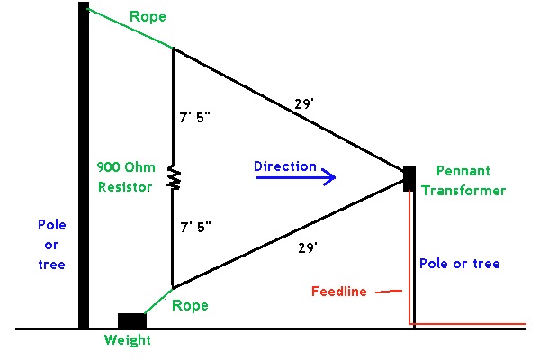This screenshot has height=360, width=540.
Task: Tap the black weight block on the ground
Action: tap(131, 321)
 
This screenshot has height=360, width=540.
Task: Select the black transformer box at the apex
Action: tap(409, 175)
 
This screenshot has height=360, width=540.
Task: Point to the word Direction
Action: tap(284, 166)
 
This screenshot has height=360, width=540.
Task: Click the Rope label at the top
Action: tap(148, 17)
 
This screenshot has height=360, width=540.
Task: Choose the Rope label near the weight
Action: tap(190, 305)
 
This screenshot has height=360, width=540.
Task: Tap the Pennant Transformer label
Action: tap(470, 180)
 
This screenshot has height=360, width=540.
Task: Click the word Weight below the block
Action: tap(127, 340)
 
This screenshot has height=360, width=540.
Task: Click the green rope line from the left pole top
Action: tap(130, 28)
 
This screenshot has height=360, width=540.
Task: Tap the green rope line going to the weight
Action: tap(158, 300)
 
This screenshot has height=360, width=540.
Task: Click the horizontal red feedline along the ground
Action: tap(468, 322)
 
